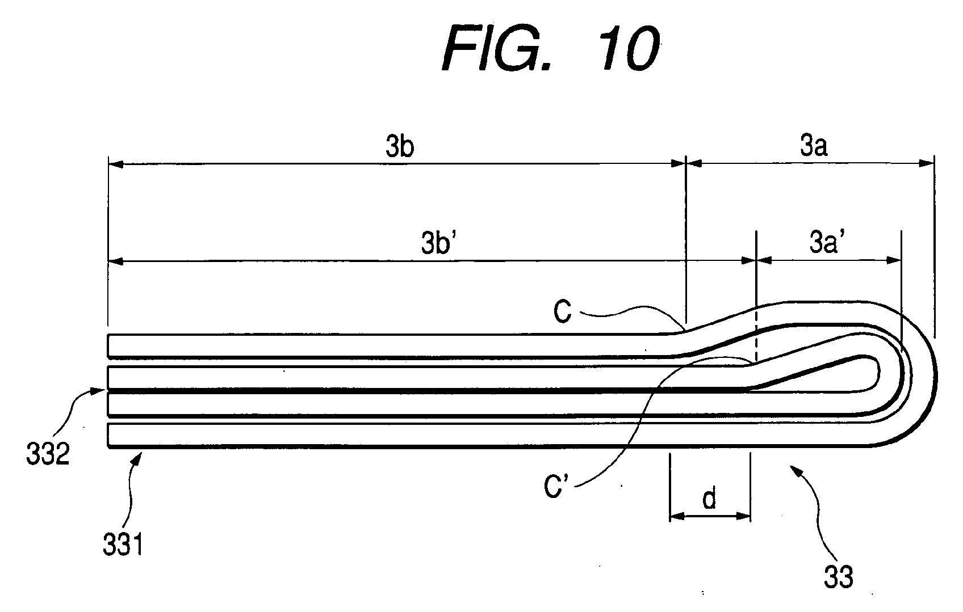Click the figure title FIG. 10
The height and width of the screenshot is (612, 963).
coord(551,48)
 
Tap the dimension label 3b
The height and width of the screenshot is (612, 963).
coord(399,146)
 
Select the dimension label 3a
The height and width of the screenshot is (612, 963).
coord(814,145)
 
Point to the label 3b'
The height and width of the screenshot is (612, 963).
coord(439,242)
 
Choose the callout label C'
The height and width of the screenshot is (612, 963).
coord(556,487)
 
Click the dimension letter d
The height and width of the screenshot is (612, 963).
coord(709,498)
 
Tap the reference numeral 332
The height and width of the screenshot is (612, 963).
coord(48,454)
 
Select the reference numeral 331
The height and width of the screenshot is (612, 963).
coord(123,544)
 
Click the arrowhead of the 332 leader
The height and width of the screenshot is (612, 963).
coord(99,390)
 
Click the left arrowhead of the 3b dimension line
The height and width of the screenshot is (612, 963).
coord(116,163)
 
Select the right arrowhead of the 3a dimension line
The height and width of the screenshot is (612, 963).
coord(926,163)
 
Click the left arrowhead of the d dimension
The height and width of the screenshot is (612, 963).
coord(677,516)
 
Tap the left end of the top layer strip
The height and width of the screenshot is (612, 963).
coord(108,346)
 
